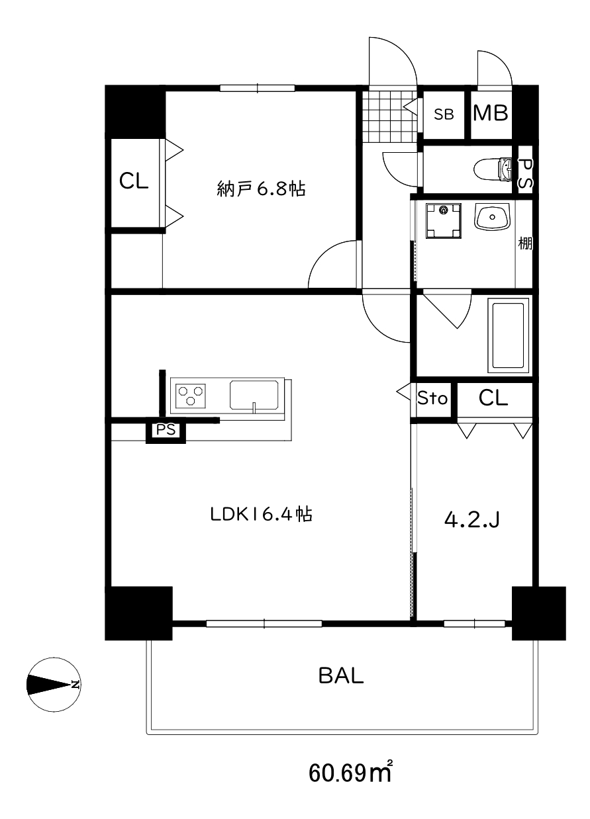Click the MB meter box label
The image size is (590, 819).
point(491,113)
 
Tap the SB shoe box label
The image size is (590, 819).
point(444,114)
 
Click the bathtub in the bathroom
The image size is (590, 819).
point(509,335)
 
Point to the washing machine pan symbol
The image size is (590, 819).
point(443,221)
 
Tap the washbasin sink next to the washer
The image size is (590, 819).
point(492,217)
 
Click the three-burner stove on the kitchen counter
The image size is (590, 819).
point(190,396)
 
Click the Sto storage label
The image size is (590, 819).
point(432,398)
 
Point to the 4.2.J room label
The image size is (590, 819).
point(471,519)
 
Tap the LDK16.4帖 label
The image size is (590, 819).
point(261,514)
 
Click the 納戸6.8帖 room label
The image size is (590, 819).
point(261,189)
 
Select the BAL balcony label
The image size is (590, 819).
point(341,675)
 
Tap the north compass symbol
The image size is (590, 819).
point(54,685)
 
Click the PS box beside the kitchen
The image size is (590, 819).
point(166,430)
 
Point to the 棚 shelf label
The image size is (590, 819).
point(525,243)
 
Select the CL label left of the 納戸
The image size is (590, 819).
point(134,181)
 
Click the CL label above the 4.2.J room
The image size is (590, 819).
point(493,398)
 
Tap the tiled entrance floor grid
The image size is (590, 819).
point(389,116)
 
